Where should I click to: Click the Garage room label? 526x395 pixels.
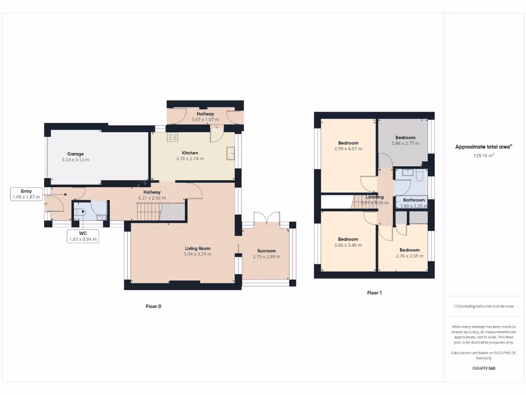click(75, 154)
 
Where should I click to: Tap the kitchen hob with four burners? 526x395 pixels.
click(172, 137)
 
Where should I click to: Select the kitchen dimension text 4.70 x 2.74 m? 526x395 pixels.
click(190, 159)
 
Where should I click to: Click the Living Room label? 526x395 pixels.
click(198, 248)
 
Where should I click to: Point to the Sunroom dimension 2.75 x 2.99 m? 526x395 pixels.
click(267, 257)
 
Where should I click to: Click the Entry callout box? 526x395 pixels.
click(26, 194)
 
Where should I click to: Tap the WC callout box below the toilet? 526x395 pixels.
click(83, 236)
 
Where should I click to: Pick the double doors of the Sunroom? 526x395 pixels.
click(267, 218)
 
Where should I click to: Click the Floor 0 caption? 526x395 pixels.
click(153, 306)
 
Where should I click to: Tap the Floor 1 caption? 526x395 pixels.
click(374, 293)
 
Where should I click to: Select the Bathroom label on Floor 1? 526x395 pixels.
click(414, 200)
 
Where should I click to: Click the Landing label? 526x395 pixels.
click(374, 197)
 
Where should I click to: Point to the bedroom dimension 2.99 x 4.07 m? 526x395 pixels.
click(348, 149)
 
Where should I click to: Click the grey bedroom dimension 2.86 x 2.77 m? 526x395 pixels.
click(405, 143)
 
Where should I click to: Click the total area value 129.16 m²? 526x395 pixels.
click(483, 155)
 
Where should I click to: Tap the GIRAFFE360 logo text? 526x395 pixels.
click(483, 368)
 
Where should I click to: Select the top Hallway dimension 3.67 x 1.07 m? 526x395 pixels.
click(205, 119)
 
